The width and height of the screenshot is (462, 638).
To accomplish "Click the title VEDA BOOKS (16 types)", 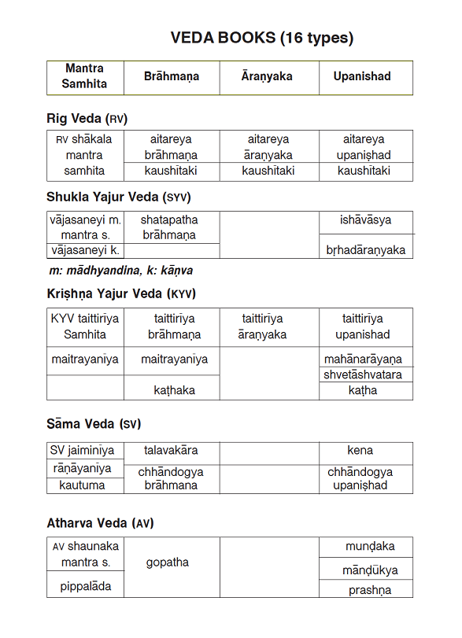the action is (x=262, y=38).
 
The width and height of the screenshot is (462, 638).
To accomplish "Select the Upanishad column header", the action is (x=362, y=77).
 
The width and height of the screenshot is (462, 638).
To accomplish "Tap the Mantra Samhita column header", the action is (x=85, y=76).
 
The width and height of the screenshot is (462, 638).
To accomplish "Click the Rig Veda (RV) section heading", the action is (x=87, y=119).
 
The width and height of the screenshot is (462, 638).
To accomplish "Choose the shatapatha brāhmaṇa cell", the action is (x=169, y=227).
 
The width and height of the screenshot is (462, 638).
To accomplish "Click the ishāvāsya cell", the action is (x=365, y=220).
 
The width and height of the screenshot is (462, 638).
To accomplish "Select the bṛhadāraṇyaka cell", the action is (x=365, y=250).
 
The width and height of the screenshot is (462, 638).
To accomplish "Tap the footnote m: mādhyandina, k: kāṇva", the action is (x=120, y=270).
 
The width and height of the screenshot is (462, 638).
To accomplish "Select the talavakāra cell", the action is (x=171, y=451).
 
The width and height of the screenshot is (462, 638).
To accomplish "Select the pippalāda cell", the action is (x=85, y=586).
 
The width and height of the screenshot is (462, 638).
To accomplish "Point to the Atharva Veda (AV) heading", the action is (x=100, y=523).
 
